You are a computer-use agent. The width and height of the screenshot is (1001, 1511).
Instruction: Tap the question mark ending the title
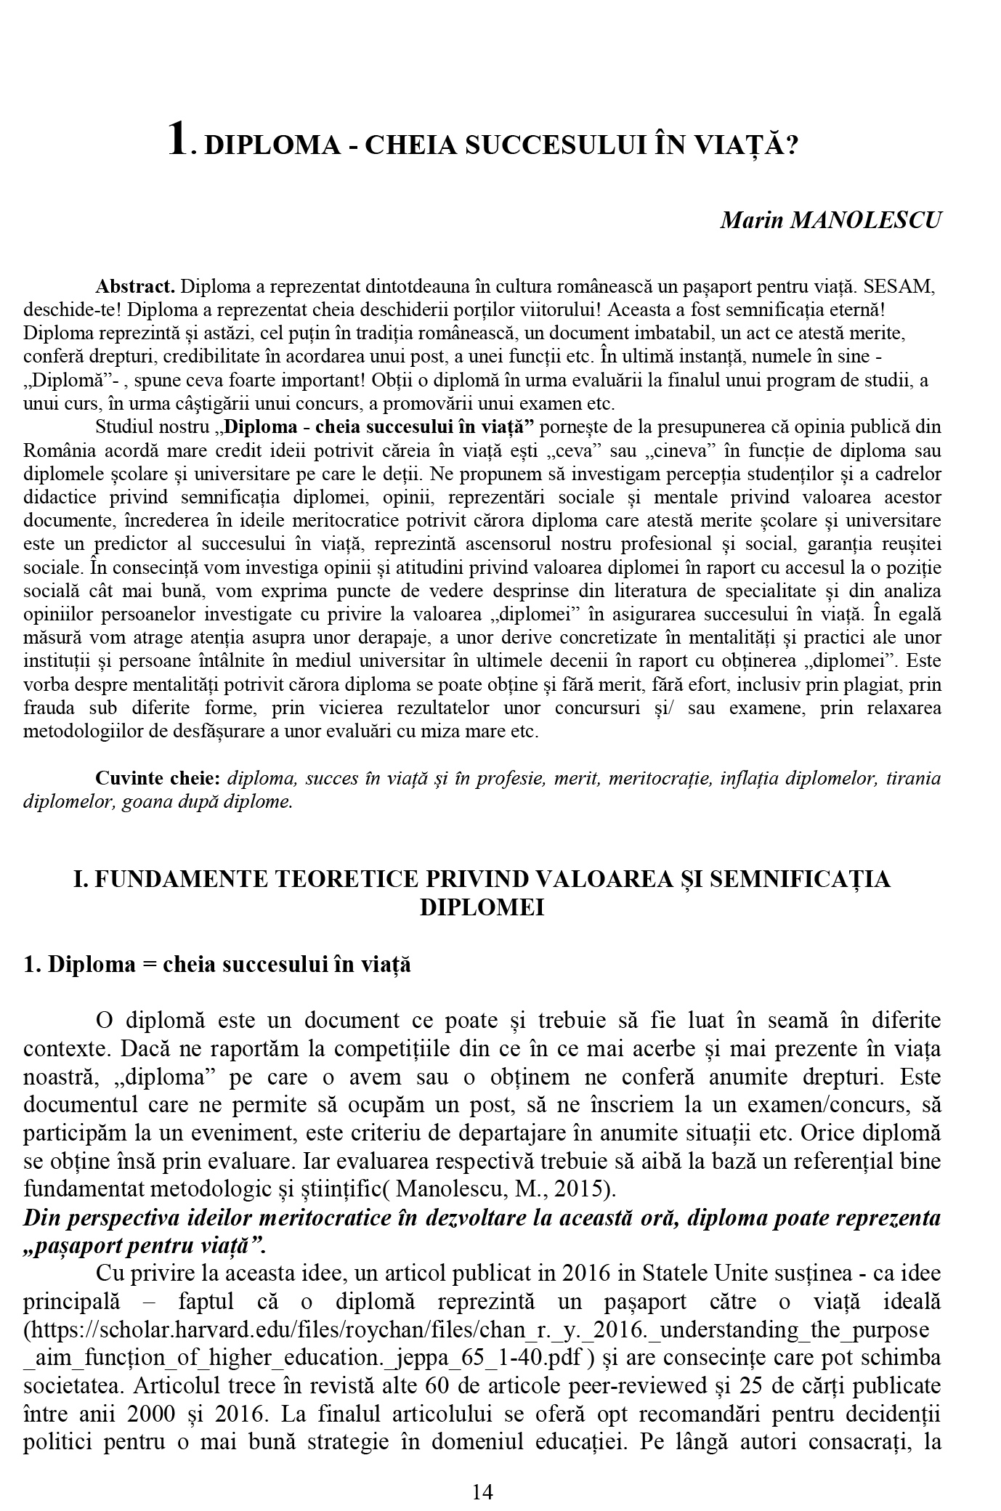coord(792,145)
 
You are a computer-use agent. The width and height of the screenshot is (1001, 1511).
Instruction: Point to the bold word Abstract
coord(135,285)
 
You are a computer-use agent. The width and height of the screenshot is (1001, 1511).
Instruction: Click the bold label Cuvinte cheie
coord(158,779)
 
